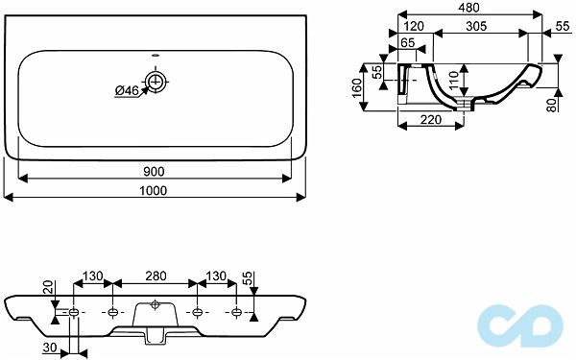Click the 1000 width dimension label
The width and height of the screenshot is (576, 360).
(154, 191)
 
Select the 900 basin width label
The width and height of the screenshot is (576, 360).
(154, 172)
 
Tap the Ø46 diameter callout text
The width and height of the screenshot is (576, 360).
(127, 90)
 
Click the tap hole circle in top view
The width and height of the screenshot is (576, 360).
(156, 82)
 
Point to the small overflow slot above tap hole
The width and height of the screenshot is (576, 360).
(156, 57)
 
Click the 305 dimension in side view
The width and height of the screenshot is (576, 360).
(476, 26)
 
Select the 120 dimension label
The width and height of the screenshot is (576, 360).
(414, 26)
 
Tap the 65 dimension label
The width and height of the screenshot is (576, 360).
(407, 43)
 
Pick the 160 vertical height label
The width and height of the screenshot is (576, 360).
(357, 88)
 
